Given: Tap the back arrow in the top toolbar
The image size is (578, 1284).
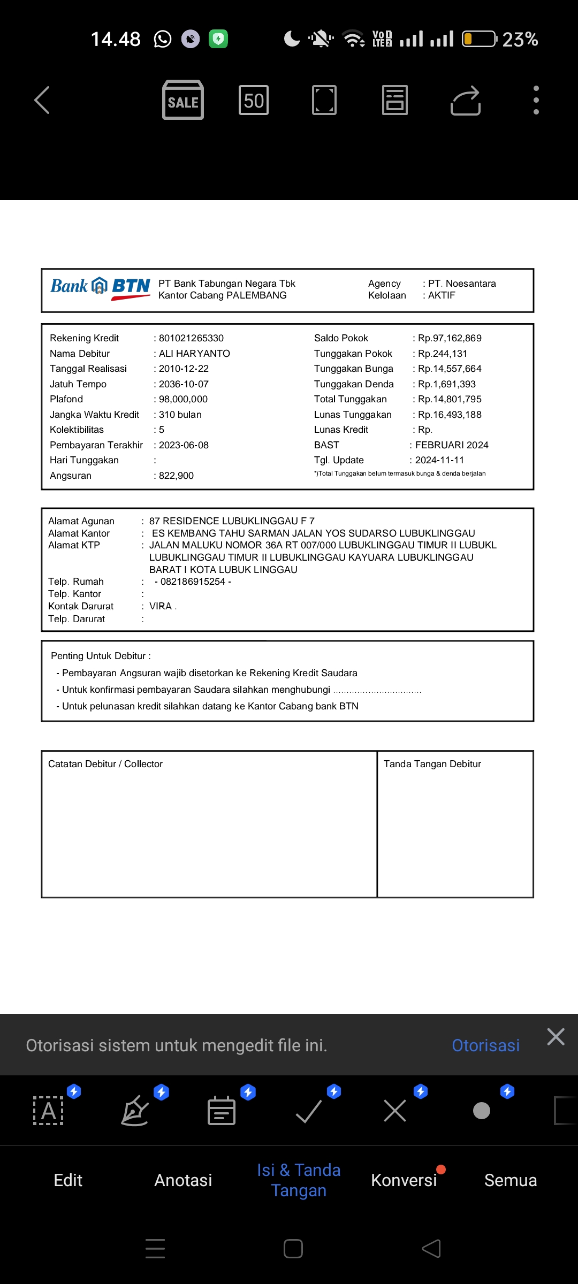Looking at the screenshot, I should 42,100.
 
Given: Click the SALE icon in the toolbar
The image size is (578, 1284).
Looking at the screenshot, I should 183,100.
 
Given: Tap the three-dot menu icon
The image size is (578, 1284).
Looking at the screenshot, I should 536,100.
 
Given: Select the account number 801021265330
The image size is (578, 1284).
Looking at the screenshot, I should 191,338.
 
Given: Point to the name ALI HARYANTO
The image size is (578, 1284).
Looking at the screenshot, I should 194,354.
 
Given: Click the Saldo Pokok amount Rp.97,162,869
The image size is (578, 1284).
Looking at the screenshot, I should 450,338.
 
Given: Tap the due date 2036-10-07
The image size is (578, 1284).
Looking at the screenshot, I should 184,384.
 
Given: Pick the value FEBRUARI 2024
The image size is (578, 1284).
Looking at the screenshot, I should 452,445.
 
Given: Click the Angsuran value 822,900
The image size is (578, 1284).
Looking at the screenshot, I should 176,476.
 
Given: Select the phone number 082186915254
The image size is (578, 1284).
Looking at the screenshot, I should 193,582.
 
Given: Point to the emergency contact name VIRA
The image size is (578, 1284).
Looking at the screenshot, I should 161,606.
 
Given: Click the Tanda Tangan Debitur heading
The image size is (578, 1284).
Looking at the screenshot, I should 432,764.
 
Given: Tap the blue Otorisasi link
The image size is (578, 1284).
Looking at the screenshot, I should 485,1045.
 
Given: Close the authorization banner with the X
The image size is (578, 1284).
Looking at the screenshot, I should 556,1037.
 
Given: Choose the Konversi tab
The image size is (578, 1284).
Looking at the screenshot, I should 404,1180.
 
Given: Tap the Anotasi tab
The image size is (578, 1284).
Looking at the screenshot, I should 183,1180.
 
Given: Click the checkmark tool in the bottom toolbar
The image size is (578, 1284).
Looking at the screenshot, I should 309,1111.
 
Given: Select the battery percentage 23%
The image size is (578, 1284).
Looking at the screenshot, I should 520,39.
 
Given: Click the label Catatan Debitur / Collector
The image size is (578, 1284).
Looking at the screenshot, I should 105,764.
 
